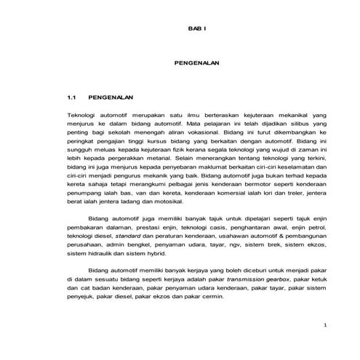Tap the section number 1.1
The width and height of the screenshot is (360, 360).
coord(71,97)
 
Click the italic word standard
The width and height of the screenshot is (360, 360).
coord(127,236)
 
